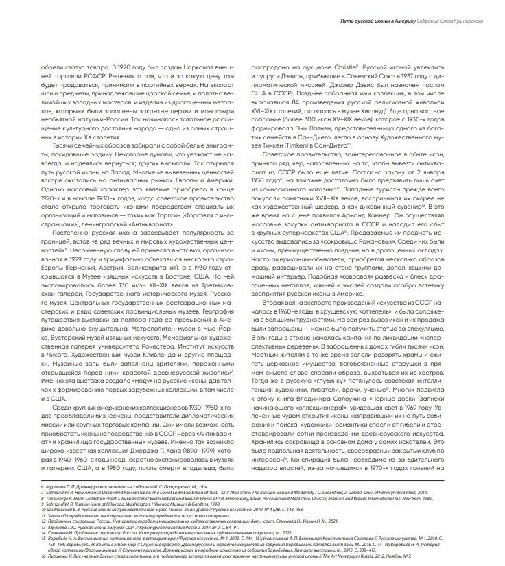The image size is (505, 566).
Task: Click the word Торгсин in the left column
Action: point(169,193)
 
